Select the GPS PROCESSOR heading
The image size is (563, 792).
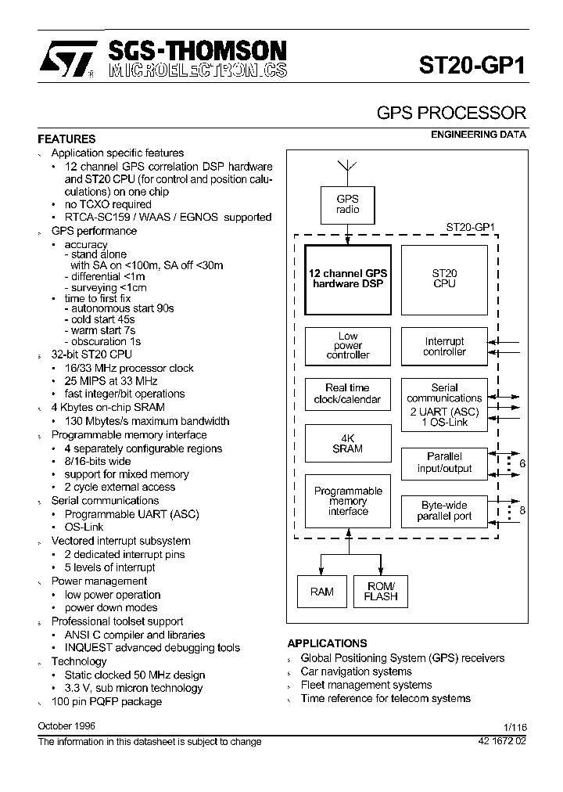point(451,113)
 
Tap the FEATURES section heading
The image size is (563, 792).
point(67,139)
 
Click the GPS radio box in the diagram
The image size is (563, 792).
point(347,204)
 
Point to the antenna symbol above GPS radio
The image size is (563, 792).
point(347,170)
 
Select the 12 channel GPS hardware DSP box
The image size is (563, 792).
point(347,279)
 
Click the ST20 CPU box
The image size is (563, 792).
point(443,279)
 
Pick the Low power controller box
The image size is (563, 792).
point(347,345)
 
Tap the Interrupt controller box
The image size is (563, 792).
point(443,346)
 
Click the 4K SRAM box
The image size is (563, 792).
point(347,444)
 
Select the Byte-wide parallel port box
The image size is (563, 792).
point(443,511)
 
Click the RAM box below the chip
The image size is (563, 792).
point(321,592)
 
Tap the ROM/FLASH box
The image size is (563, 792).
point(381,592)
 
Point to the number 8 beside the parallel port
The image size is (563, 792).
point(522,510)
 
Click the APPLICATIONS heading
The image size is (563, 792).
point(327,643)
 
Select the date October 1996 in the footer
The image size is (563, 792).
point(66,726)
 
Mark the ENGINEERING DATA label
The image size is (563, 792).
point(479,135)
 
